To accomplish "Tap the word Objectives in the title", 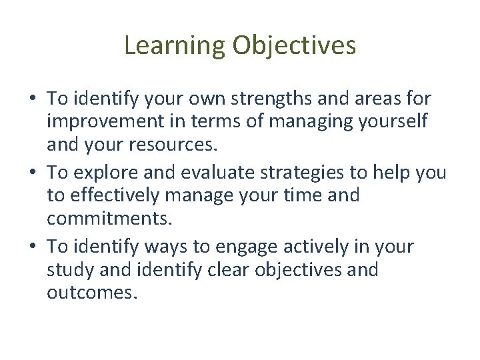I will point(293,45).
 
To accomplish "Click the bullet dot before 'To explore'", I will point(33,173).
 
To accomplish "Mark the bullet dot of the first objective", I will point(33,100).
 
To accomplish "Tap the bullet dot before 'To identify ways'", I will point(33,247).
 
